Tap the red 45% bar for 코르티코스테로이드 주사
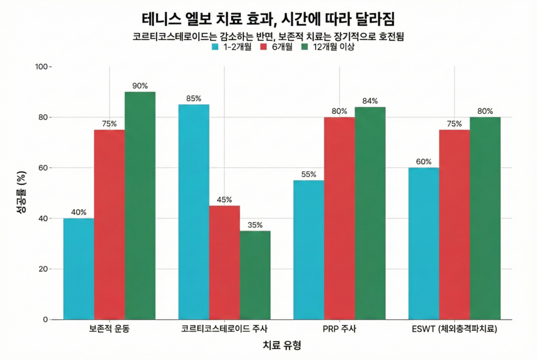tap(224, 262)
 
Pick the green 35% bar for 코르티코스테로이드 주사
tap(255, 275)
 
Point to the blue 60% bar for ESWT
tap(423, 244)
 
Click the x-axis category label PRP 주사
tap(339, 330)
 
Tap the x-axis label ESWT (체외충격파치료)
tap(454, 330)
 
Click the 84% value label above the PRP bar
tap(370, 101)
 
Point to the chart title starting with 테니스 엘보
tap(268, 19)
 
